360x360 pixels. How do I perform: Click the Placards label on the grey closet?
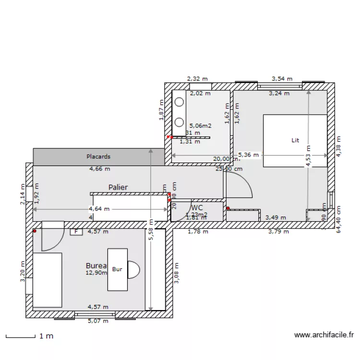click(x=98, y=156)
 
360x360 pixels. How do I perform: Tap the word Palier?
click(x=118, y=187)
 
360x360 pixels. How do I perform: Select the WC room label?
click(x=197, y=208)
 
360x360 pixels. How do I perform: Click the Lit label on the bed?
click(x=295, y=140)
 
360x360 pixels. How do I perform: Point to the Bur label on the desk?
click(x=117, y=269)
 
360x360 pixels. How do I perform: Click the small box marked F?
click(x=75, y=232)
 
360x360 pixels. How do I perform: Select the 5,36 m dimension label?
click(x=249, y=155)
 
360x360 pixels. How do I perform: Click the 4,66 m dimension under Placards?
click(x=99, y=168)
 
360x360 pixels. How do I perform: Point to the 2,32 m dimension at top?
click(x=197, y=78)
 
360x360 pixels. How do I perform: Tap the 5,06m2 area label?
click(x=200, y=126)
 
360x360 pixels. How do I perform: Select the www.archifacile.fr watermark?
click(x=324, y=336)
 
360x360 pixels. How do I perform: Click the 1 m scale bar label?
click(x=46, y=336)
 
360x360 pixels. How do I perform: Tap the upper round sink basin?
click(x=179, y=102)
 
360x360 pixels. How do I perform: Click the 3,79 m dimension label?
click(x=278, y=232)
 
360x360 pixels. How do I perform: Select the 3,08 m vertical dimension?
click(x=176, y=273)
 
